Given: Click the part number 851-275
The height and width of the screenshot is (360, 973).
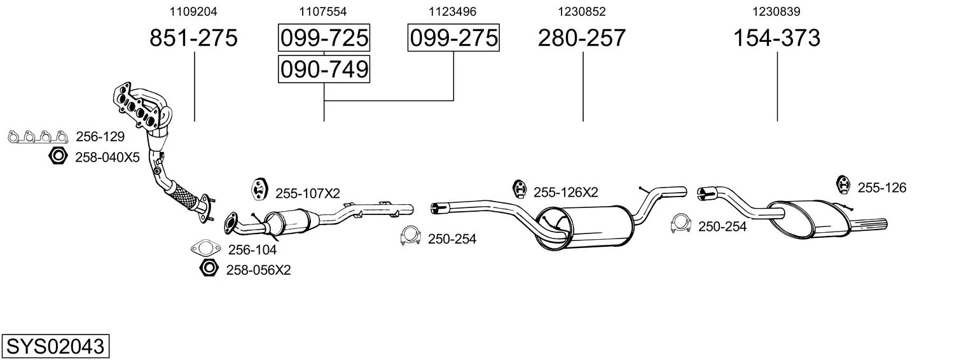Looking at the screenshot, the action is (x=193, y=38).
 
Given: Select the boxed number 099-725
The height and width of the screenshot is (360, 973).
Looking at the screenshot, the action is (x=324, y=38).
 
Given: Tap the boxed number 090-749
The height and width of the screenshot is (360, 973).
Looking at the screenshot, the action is (x=324, y=69).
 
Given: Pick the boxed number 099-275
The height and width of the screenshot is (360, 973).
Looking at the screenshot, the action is (x=453, y=38).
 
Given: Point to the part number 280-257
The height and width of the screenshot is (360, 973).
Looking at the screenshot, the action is (x=582, y=38).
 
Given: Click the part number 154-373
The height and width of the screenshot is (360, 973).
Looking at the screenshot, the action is (x=776, y=38).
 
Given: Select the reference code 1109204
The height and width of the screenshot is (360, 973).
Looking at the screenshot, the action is (x=193, y=11).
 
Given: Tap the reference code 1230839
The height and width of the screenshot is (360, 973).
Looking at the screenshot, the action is (x=776, y=11).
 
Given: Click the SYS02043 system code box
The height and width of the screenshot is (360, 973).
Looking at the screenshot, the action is (x=55, y=346).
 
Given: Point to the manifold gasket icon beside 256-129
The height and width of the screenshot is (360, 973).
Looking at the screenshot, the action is (x=38, y=137).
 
